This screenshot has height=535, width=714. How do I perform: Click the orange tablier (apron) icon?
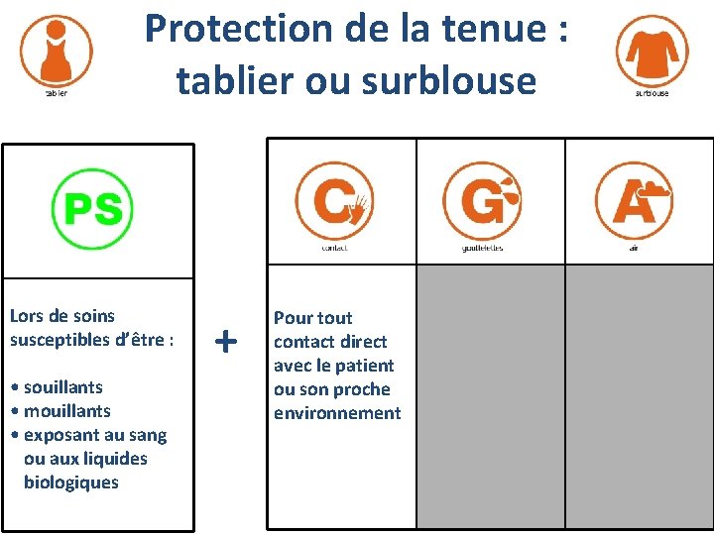(x=57, y=51)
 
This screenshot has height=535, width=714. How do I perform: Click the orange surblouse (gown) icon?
(x=652, y=50)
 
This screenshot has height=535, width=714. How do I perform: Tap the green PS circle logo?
(x=93, y=209)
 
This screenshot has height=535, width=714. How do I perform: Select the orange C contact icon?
(x=335, y=201)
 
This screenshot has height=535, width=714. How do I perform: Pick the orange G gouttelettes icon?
(x=482, y=201)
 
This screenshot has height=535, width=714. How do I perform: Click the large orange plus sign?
(x=226, y=342)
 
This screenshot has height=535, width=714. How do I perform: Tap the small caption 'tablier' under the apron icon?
(x=57, y=94)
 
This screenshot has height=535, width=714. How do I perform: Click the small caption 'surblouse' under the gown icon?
(x=652, y=93)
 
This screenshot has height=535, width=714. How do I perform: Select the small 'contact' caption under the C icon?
(x=335, y=248)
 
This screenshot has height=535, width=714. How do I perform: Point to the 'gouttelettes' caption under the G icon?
(x=482, y=248)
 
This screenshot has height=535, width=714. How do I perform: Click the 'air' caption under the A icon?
(x=634, y=248)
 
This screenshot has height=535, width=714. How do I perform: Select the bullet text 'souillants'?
(x=62, y=387)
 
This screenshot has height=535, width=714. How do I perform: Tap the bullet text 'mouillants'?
(x=66, y=411)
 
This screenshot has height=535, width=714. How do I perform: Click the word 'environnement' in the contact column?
(x=337, y=413)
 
